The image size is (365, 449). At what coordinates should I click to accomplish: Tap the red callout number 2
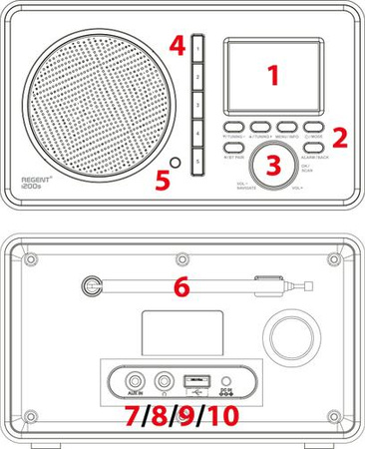(339, 137)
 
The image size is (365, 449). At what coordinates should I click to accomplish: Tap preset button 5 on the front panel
(197, 160)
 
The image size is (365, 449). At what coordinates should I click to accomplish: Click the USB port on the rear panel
(197, 380)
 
